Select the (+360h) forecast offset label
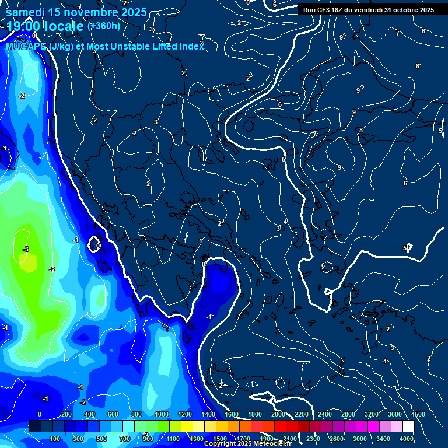[x=103, y=26]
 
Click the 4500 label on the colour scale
[x=417, y=414]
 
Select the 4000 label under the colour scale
[x=407, y=439]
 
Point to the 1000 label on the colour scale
[x=162, y=414]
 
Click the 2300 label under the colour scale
[x=313, y=439]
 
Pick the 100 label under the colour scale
[x=55, y=439]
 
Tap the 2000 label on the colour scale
[x=278, y=414]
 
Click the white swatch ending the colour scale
[x=408, y=426]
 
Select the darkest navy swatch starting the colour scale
[x=35, y=426]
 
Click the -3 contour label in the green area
[x=25, y=249]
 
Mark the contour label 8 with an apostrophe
[x=418, y=66]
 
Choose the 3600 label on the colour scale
[x=395, y=414]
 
